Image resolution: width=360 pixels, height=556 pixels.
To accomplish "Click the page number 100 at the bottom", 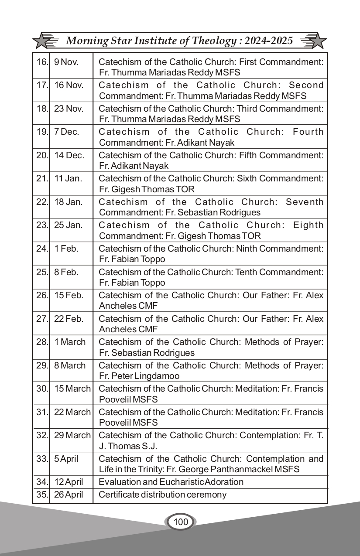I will point(180,522).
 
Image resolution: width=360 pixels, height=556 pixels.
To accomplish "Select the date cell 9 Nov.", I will point(66,62).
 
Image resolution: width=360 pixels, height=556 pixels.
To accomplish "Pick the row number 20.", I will point(42,155).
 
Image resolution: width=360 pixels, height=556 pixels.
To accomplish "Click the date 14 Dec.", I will point(69,155).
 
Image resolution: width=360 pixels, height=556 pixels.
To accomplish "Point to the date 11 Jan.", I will point(68,178).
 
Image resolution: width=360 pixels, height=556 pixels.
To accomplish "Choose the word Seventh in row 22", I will point(305,202).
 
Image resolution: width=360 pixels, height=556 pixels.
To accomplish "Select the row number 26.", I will point(42,295).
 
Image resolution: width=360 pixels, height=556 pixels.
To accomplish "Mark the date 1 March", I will point(70,342).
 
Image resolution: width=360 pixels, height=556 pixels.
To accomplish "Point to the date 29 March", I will point(72,435).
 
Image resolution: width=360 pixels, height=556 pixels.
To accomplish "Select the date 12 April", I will point(69,482).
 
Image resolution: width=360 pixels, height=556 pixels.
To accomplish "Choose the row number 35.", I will point(42,495).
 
